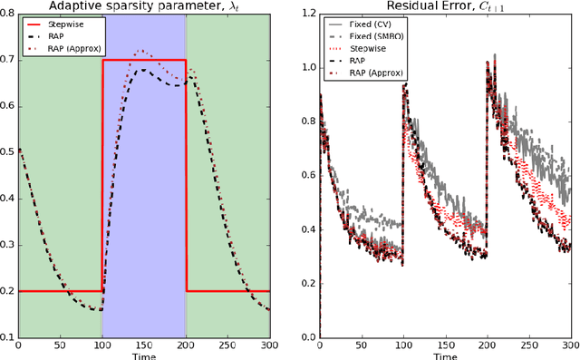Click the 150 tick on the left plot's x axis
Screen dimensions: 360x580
143,345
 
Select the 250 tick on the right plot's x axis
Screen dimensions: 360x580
528,345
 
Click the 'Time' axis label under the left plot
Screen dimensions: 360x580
143,356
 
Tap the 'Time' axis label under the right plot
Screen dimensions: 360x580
444,356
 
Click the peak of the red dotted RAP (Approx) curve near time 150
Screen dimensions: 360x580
140,51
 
